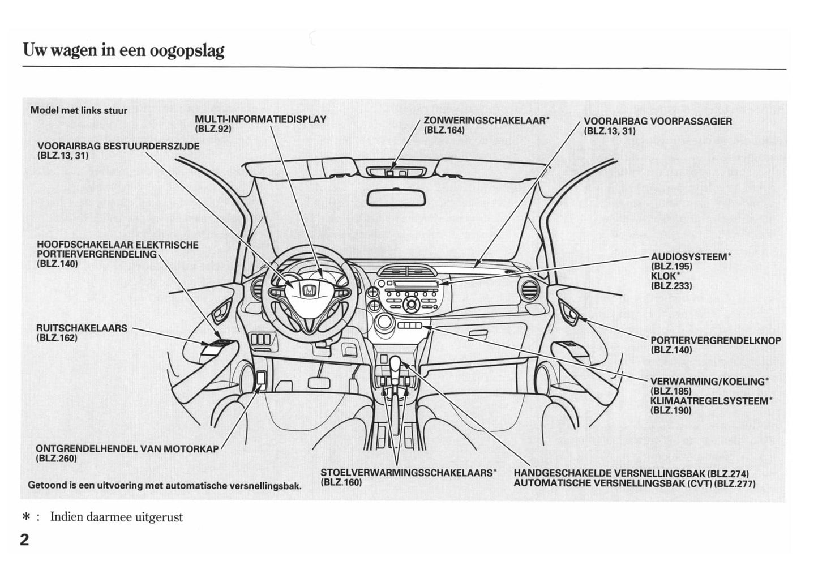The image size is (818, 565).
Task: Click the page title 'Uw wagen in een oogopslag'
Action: [123, 50]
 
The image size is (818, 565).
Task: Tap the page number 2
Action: [24, 540]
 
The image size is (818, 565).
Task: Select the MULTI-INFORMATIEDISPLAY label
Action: [260, 119]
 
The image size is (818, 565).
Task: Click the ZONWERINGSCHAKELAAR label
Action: [486, 121]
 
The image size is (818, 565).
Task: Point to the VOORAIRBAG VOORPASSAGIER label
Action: [657, 121]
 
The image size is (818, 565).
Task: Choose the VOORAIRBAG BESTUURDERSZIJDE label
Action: [118, 146]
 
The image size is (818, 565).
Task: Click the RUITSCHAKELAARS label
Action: [82, 328]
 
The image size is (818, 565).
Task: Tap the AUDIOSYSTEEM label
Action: [689, 257]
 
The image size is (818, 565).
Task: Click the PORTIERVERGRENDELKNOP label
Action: [716, 341]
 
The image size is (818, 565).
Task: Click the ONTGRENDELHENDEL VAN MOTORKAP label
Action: [127, 449]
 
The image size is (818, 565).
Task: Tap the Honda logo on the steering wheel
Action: [309, 291]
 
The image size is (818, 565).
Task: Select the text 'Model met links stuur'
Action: [79, 110]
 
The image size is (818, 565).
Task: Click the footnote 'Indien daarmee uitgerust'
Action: [116, 517]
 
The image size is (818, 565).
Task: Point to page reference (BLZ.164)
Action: [444, 130]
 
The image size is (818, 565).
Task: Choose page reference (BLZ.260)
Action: [56, 459]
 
